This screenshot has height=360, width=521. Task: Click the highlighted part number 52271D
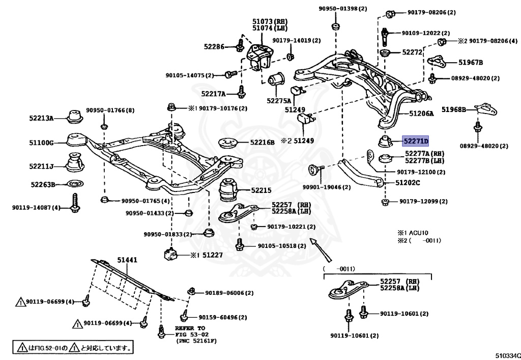point(415,141)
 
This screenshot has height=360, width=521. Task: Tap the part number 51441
point(127,260)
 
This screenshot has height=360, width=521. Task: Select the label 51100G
point(41,143)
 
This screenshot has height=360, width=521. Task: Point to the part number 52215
point(261,190)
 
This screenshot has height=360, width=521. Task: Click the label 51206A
point(421,114)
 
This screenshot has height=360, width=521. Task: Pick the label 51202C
point(408,182)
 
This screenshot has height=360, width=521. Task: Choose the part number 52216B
point(262,142)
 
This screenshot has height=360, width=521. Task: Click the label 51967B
point(471,62)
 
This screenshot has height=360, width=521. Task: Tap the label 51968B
point(454,109)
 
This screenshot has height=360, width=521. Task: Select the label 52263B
point(43,184)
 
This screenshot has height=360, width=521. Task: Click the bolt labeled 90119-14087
point(75,203)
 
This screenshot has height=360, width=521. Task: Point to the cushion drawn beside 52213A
point(75,116)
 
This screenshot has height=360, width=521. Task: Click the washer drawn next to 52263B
point(75,183)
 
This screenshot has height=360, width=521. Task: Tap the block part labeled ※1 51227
point(171,254)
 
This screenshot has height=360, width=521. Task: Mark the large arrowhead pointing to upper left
point(313,242)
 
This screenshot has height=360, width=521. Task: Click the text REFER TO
point(190,328)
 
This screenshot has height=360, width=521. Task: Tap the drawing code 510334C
point(508,356)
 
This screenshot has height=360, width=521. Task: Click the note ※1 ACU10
point(413,233)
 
